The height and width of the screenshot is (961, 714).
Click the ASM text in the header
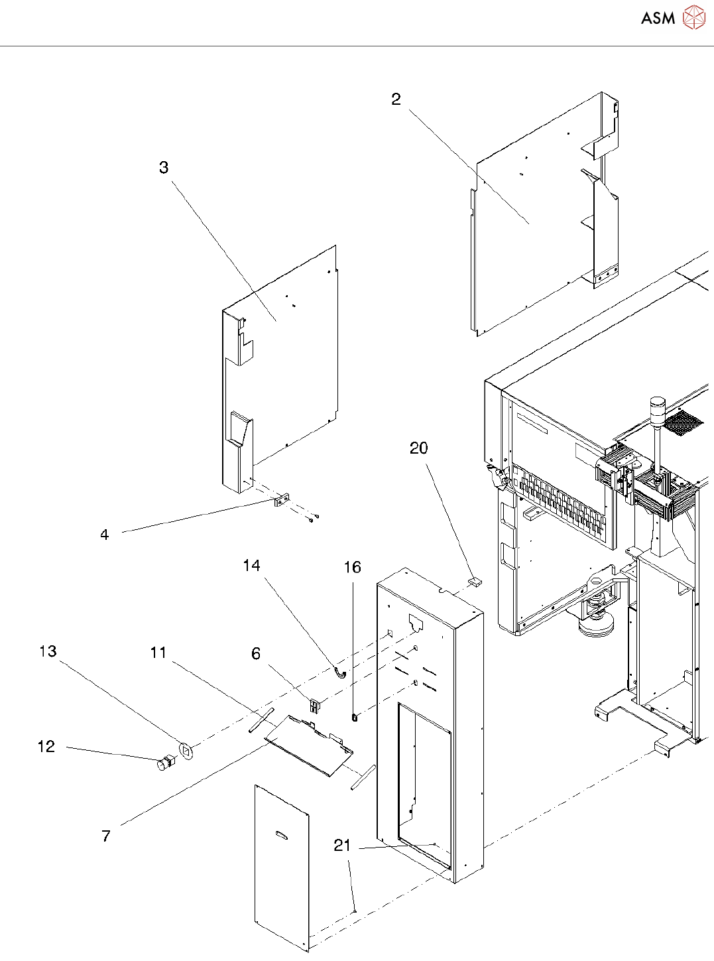[x=658, y=18]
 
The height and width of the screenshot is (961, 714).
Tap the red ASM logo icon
[x=694, y=17]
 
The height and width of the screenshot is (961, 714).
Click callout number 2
[x=396, y=99]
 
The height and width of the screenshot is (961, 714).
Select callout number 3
[x=164, y=167]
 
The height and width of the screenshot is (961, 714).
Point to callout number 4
[x=104, y=535]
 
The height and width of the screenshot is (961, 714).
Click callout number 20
[x=418, y=448]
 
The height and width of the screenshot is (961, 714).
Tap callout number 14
[x=251, y=565]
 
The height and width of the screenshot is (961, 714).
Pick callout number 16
[x=352, y=567]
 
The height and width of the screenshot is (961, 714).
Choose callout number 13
[x=48, y=651]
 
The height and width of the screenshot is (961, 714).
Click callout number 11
[x=158, y=652]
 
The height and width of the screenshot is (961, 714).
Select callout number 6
[x=256, y=653]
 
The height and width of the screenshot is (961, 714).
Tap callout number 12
[x=46, y=746]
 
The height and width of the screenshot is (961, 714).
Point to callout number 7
[x=106, y=836]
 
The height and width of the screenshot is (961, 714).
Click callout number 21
[x=342, y=845]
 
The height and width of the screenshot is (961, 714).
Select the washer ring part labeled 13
[x=186, y=751]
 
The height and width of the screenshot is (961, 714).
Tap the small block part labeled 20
[x=475, y=581]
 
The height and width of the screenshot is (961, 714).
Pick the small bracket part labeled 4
[x=281, y=501]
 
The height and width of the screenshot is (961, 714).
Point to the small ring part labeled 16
[x=355, y=718]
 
